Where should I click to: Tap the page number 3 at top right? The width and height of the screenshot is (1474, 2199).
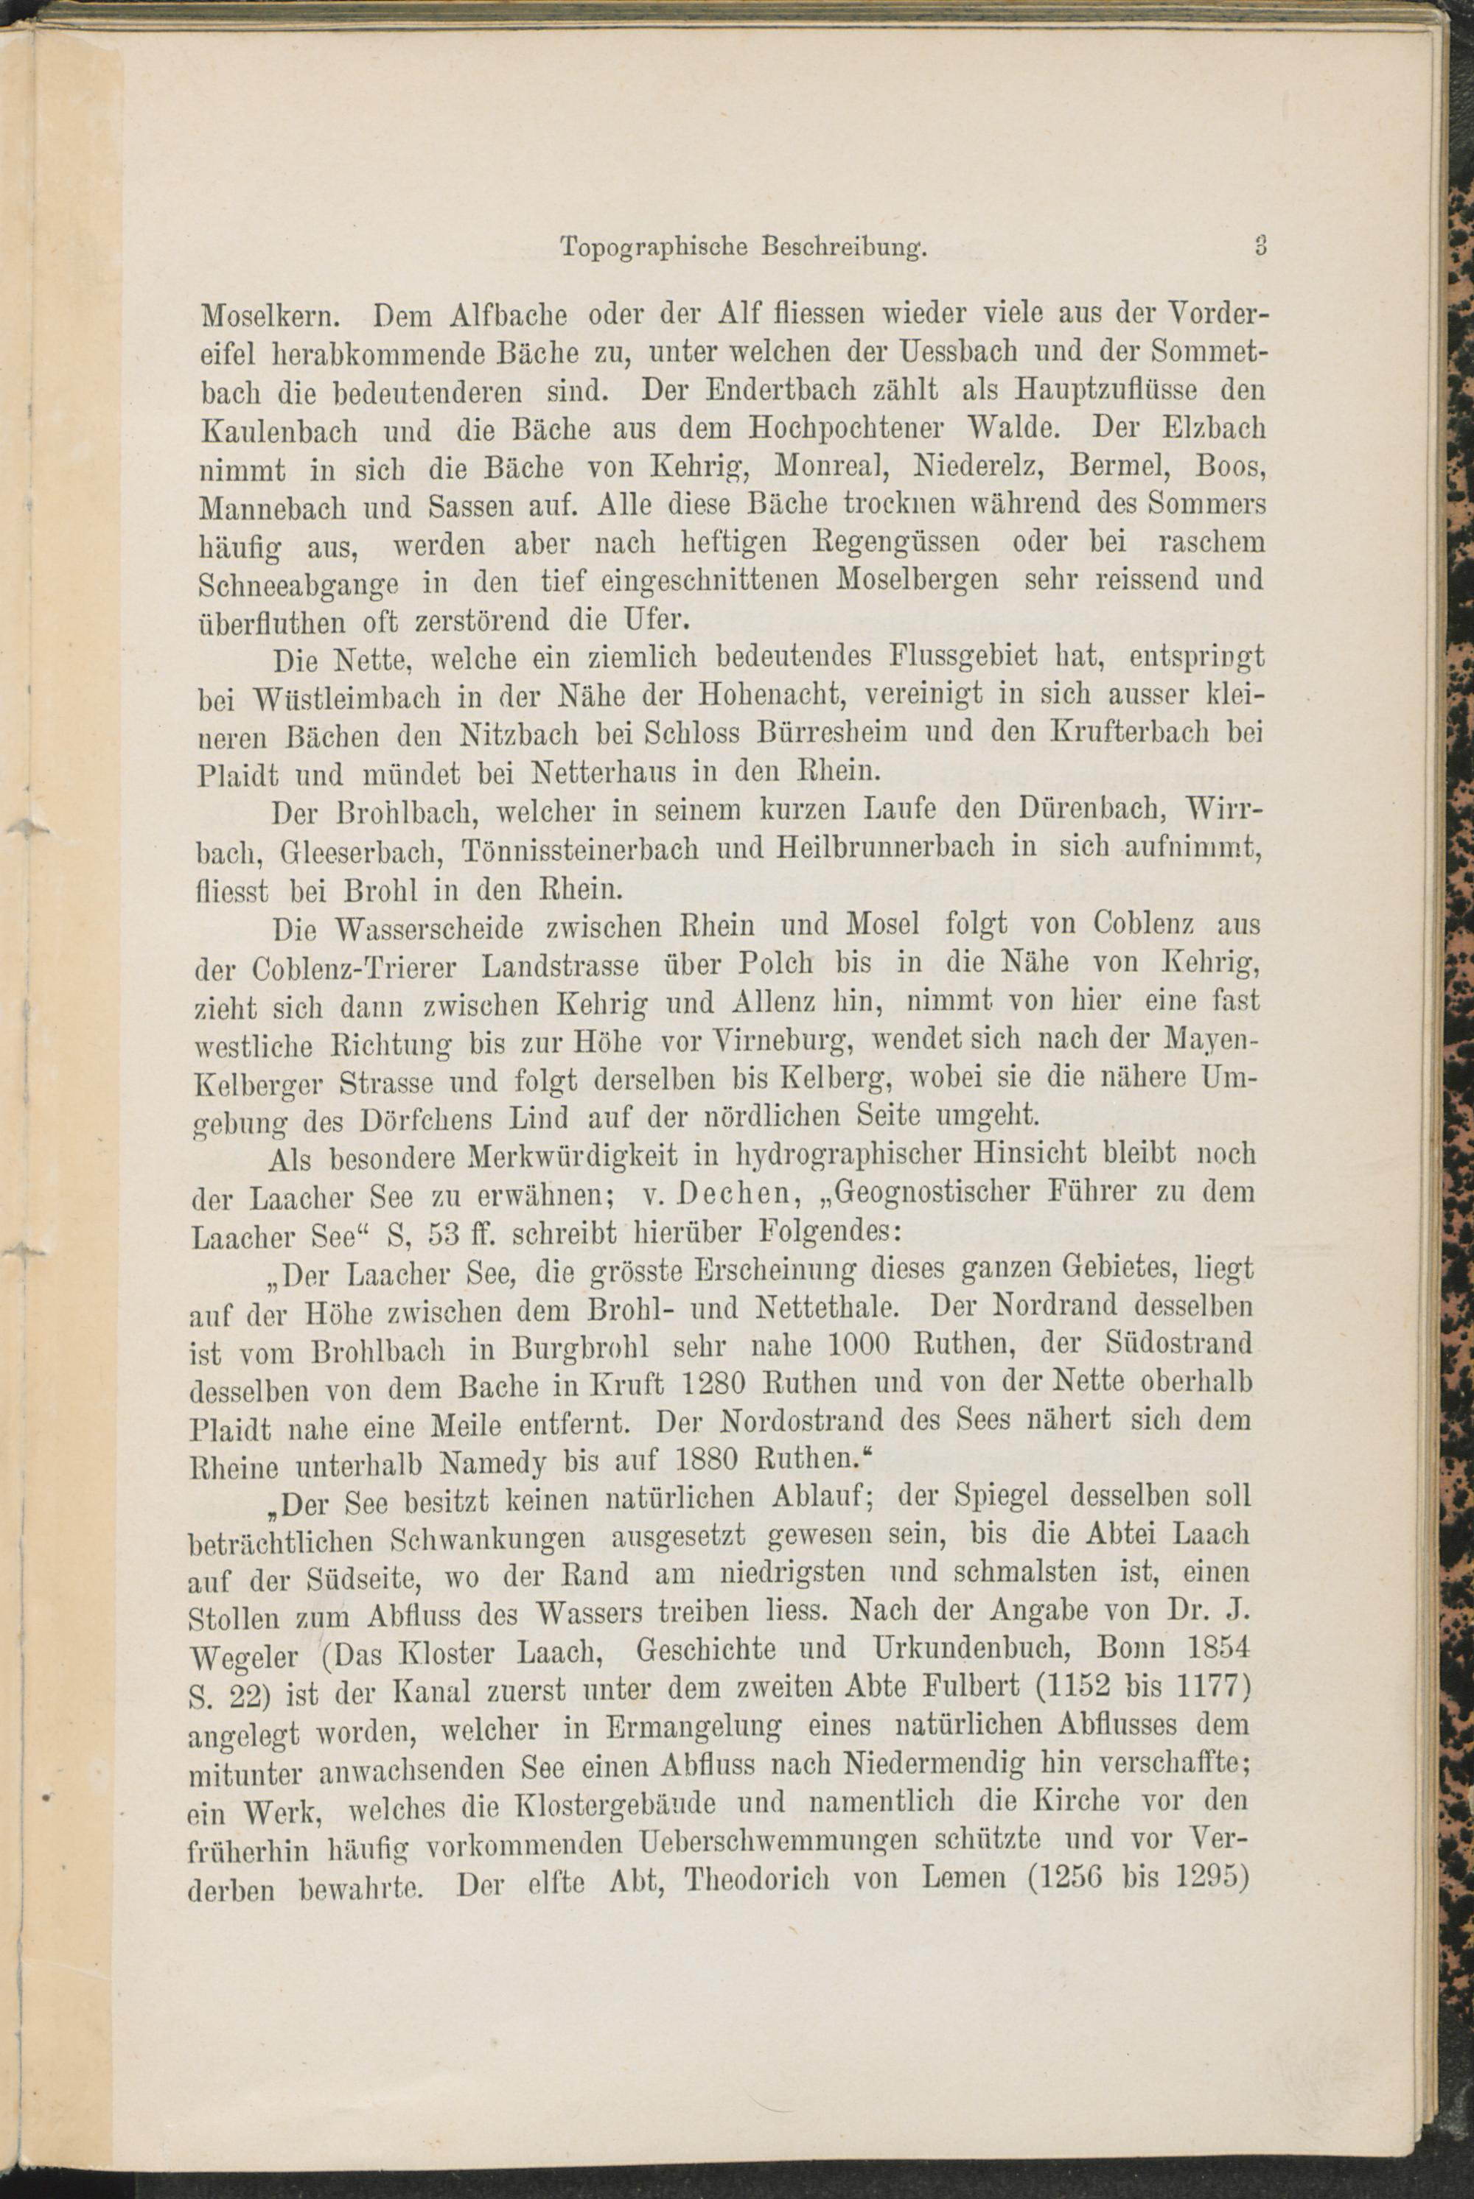[1260, 246]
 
